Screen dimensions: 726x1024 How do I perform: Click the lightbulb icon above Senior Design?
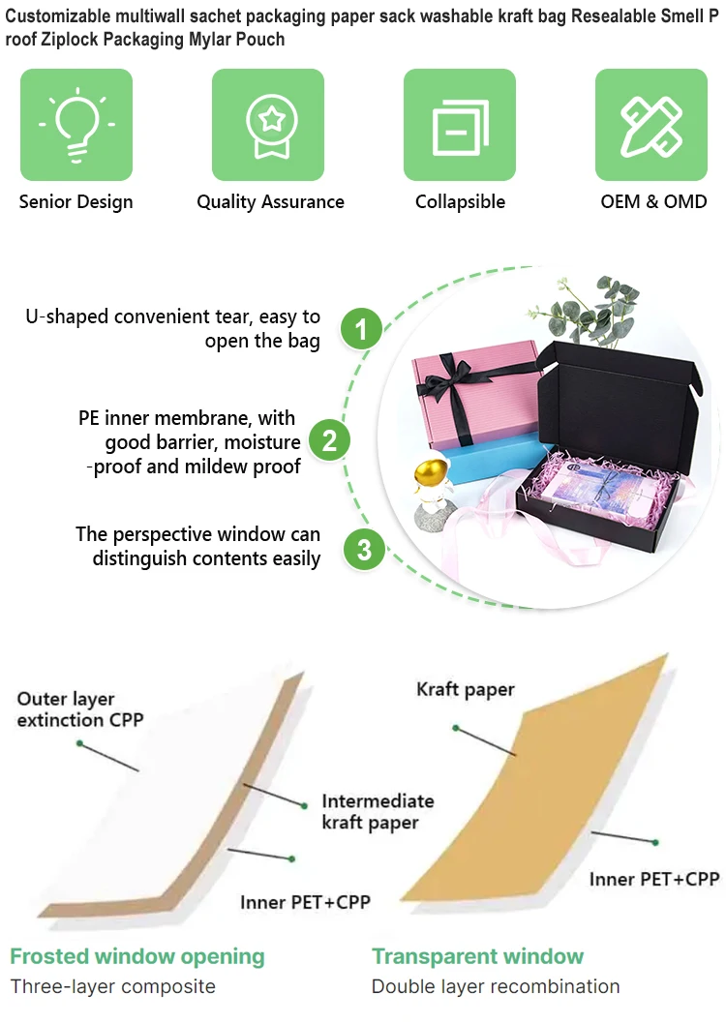pos(76,125)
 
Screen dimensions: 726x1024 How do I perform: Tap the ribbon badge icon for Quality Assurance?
pos(268,125)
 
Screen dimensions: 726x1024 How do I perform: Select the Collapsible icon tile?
pos(460,125)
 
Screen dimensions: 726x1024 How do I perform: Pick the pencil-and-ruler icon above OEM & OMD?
pos(650,125)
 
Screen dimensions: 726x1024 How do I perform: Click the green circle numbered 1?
pos(362,329)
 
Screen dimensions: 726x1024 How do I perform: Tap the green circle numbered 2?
pos(329,441)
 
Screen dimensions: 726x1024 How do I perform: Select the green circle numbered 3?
pos(364,551)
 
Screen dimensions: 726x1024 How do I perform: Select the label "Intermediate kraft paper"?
pos(378,812)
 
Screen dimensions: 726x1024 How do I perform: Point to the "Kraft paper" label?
pos(466,690)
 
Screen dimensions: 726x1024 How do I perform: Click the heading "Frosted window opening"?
pos(136,956)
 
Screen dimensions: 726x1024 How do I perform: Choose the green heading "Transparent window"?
pos(477,956)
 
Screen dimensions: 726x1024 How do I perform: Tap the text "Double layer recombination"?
pos(496,987)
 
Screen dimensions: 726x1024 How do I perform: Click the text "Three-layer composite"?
pos(112,987)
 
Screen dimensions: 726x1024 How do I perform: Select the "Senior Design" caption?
pos(76,202)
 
